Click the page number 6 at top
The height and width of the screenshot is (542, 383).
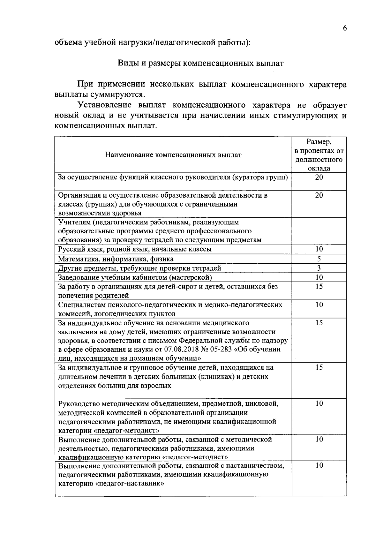(x=345, y=28)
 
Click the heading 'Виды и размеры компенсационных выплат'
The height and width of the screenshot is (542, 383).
(x=201, y=63)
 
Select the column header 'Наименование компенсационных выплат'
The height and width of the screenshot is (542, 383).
(x=173, y=155)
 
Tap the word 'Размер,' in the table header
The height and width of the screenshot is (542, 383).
(x=319, y=142)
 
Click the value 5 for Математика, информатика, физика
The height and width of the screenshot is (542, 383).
(x=319, y=259)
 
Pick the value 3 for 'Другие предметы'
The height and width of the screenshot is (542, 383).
(x=319, y=268)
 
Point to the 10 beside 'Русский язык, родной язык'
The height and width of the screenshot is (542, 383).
(x=319, y=249)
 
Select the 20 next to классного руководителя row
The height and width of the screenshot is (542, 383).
(x=319, y=177)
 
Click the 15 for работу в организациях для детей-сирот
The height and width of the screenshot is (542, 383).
(x=319, y=286)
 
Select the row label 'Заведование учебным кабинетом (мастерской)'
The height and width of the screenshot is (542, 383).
(x=135, y=277)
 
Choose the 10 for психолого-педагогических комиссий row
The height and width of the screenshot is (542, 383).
(x=319, y=305)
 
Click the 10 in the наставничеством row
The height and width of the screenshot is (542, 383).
(x=319, y=465)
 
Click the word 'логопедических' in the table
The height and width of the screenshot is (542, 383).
(x=119, y=313)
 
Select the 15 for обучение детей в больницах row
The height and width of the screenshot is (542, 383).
(x=319, y=367)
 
